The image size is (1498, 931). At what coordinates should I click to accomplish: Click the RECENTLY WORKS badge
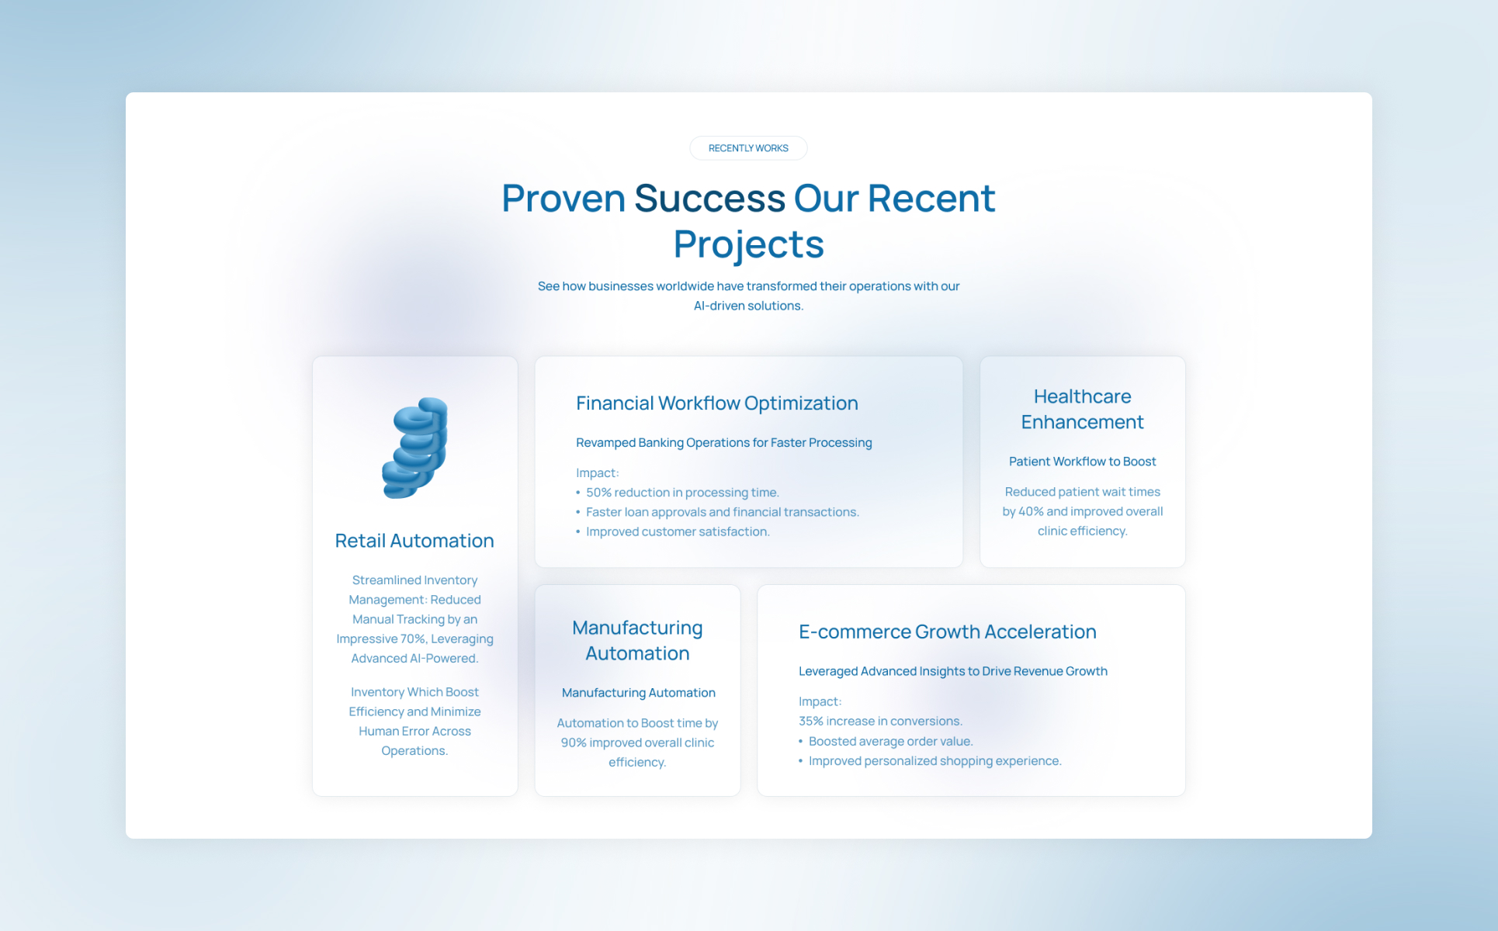tap(748, 148)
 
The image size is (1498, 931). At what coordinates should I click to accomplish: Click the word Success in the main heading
tap(709, 199)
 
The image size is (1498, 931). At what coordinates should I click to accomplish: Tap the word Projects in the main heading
tap(748, 245)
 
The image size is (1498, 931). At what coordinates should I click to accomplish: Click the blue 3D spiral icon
tap(415, 448)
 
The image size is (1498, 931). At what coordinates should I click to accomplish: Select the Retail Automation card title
tap(414, 541)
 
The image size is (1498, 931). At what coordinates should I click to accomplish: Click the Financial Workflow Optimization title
tap(716, 403)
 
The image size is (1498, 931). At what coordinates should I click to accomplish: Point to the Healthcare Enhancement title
tap(1082, 409)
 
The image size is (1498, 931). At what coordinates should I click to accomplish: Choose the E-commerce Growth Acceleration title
tap(947, 632)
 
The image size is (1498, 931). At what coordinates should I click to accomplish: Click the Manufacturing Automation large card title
tap(637, 640)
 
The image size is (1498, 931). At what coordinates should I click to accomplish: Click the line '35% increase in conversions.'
tap(880, 721)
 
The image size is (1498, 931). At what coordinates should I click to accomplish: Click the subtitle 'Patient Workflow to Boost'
tap(1082, 462)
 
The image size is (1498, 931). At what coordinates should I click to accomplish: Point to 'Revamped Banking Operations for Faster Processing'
tap(723, 443)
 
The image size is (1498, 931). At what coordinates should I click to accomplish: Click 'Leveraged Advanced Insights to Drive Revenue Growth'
tap(952, 671)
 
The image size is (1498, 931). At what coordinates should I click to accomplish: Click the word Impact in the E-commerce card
tap(818, 701)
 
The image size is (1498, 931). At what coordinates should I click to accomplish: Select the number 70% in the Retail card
tap(412, 639)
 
